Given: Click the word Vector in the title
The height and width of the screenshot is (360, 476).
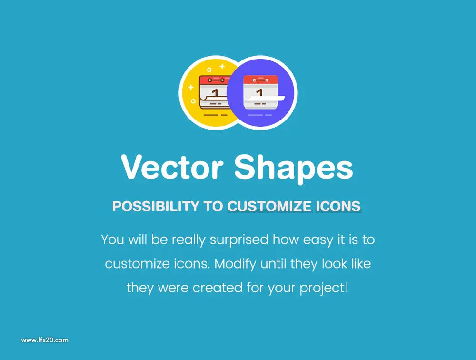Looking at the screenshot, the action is [172, 168].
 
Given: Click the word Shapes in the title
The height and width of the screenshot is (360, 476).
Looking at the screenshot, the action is [294, 169].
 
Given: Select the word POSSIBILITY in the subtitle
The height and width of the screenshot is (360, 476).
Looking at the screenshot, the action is [156, 206].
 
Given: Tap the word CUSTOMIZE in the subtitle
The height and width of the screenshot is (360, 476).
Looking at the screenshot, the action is [269, 206].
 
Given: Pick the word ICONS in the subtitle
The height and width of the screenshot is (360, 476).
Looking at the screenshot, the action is [338, 206].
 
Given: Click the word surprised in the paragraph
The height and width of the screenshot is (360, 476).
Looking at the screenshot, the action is [239, 240].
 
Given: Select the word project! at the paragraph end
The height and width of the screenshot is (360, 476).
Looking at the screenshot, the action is [324, 288].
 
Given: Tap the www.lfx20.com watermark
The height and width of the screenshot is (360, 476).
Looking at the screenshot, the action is [45, 340].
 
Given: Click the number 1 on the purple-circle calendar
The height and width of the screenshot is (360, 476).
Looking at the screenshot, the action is [259, 92].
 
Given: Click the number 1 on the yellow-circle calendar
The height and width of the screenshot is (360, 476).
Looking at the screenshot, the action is [216, 92].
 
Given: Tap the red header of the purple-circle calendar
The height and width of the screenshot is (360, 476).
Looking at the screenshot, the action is [260, 80].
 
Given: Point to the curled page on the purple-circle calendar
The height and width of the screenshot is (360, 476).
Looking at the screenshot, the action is [264, 98].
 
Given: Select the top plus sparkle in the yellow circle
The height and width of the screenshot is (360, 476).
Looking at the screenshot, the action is [222, 66].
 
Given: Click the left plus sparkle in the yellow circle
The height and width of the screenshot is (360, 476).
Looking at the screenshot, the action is [191, 88].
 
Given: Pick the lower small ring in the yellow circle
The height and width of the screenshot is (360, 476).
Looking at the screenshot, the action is [193, 101].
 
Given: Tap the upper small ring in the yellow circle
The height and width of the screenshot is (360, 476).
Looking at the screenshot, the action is [209, 70].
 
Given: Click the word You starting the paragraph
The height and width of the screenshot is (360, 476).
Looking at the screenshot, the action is [112, 240].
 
